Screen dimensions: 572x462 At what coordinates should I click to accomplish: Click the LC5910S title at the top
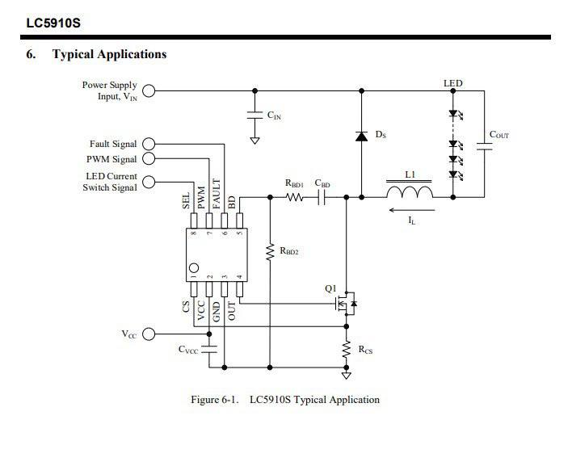pos(53,23)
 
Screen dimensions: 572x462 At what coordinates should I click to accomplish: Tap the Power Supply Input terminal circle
pos(149,90)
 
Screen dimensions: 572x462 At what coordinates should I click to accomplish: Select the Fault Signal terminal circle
pos(149,144)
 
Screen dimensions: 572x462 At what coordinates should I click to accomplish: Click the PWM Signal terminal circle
pos(149,158)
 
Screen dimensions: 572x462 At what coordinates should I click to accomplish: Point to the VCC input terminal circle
pos(149,334)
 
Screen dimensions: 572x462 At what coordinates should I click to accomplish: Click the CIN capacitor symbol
pos(254,115)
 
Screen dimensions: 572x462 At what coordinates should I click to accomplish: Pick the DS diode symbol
pos(361,136)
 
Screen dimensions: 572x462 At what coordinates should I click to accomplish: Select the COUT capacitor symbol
pos(485,146)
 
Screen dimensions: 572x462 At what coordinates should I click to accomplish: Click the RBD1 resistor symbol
pos(294,197)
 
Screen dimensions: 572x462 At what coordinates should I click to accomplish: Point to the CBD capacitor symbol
pos(322,197)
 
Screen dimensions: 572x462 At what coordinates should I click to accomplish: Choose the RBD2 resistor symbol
pos(270,252)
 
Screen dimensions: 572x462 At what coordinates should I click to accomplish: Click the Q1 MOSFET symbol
pos(346,304)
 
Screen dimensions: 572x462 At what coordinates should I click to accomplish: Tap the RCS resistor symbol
pos(347,349)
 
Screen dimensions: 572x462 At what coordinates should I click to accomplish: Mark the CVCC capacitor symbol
pos(209,349)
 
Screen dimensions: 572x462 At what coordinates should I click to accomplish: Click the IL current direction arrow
pos(412,210)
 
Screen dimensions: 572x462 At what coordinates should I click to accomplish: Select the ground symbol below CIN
pos(254,141)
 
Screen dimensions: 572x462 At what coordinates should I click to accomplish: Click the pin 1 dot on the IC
pos(194,268)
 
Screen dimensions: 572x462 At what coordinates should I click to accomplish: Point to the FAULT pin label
pos(217,194)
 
